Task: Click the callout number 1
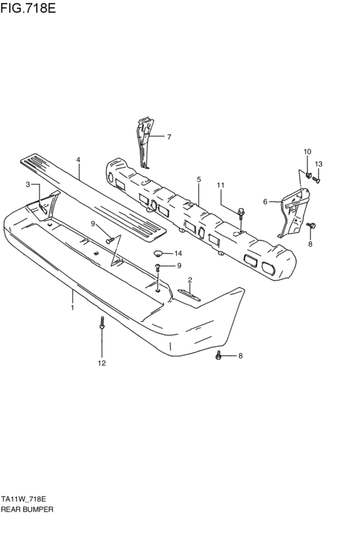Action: tap(73, 308)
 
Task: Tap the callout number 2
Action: tap(190, 280)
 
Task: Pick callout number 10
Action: tap(307, 152)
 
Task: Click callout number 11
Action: tap(221, 186)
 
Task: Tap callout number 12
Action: tap(101, 363)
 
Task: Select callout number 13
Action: tap(319, 164)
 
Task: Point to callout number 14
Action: tap(178, 253)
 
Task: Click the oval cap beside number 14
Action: tap(159, 253)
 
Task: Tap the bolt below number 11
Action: tap(240, 213)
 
